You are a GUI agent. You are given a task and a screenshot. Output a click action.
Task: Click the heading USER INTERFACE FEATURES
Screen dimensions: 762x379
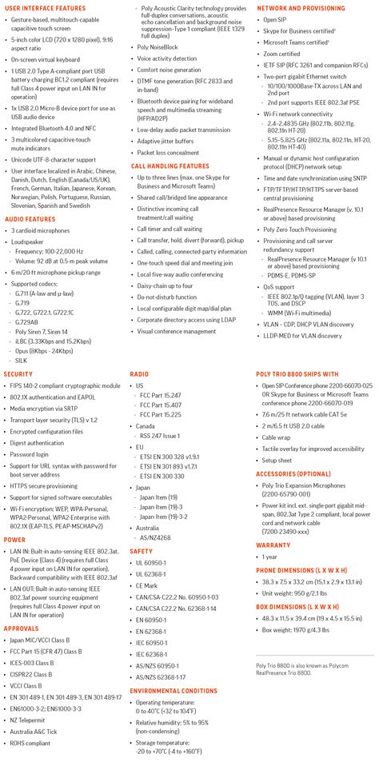click(x=45, y=8)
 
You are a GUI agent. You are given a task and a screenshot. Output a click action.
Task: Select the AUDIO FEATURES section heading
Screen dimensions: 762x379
click(x=30, y=218)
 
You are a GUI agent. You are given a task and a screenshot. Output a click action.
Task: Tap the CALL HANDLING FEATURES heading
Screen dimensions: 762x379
click(x=170, y=166)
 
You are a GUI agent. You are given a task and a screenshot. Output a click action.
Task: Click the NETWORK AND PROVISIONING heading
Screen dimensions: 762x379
click(x=301, y=8)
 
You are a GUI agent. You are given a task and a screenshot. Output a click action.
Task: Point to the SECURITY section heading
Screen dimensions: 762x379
click(x=18, y=374)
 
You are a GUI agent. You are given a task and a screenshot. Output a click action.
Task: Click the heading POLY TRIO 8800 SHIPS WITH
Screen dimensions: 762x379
click(x=297, y=374)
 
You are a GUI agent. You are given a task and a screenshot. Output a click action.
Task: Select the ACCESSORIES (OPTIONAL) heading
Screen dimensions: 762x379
click(x=293, y=473)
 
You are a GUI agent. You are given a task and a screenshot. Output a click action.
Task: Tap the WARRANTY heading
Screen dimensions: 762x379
click(x=273, y=545)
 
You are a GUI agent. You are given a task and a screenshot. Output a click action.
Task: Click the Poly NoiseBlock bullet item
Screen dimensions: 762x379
click(x=158, y=47)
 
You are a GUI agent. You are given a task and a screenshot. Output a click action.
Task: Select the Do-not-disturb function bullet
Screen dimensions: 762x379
click(x=167, y=297)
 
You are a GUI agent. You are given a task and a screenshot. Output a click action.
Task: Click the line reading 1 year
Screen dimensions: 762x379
click(x=270, y=557)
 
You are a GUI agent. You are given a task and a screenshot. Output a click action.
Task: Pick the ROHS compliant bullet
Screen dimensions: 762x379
click(x=30, y=743)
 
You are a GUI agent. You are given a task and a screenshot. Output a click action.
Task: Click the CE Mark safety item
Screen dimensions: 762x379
click(x=148, y=586)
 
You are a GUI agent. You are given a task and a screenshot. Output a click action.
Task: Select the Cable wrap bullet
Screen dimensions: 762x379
click(x=277, y=437)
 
